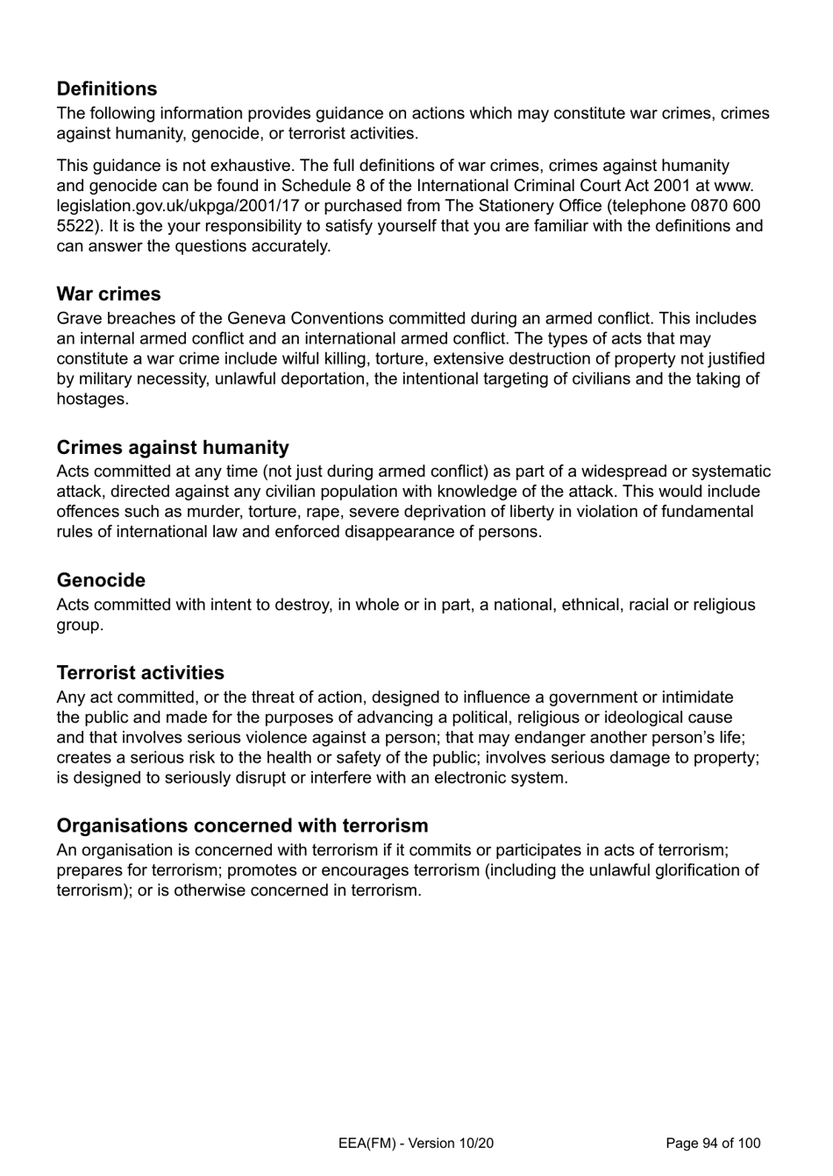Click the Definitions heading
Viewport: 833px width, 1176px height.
point(107,89)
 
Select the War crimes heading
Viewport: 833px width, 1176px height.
point(109,294)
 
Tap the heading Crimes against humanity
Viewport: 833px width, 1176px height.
point(173,448)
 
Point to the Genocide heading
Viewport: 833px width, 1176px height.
point(101,580)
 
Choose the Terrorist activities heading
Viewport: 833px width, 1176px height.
point(140,673)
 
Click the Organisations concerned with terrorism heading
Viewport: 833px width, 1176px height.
point(242,825)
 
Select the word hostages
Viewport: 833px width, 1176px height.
point(92,400)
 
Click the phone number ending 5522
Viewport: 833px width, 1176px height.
point(74,226)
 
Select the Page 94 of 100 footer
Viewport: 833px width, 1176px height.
point(713,1143)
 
